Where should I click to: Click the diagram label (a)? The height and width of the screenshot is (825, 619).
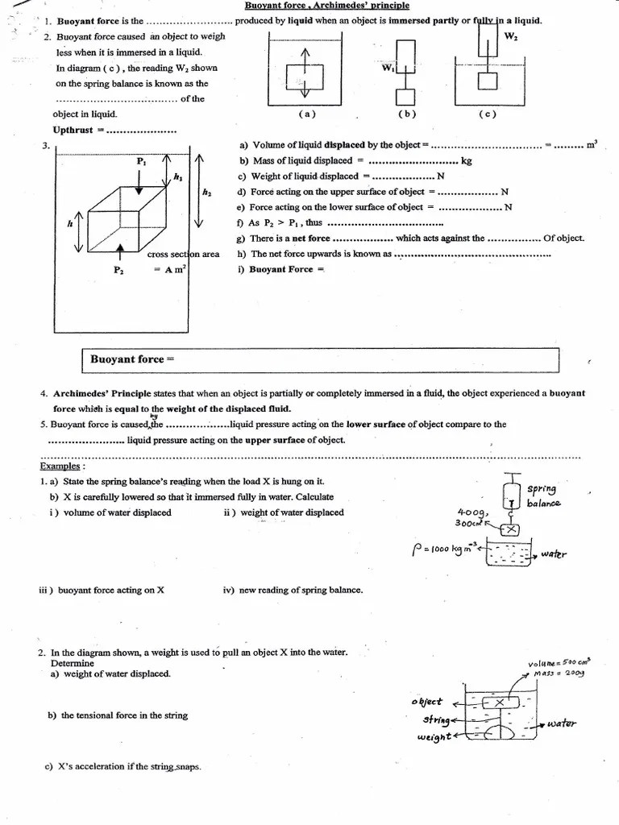tap(307, 114)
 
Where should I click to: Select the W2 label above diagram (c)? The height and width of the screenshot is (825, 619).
tap(511, 36)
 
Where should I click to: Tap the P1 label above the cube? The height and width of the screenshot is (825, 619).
tap(141, 161)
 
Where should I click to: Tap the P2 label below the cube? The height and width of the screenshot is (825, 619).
tap(118, 271)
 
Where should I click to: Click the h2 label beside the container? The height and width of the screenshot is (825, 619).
tap(207, 192)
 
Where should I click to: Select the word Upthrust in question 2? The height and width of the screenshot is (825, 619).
tap(73, 130)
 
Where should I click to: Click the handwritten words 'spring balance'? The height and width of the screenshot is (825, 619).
tap(542, 495)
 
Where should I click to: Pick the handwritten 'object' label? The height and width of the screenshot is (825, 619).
tap(427, 702)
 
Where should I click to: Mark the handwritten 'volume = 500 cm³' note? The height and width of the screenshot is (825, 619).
tap(556, 663)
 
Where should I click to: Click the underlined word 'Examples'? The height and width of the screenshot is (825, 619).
tap(60, 466)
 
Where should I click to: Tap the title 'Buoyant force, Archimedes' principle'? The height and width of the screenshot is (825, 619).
tap(326, 6)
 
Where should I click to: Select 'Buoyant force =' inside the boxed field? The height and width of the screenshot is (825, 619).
tap(132, 359)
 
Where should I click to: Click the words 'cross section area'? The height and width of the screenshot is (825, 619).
tap(183, 255)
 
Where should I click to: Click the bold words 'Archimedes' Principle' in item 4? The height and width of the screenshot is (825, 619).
tap(102, 393)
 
